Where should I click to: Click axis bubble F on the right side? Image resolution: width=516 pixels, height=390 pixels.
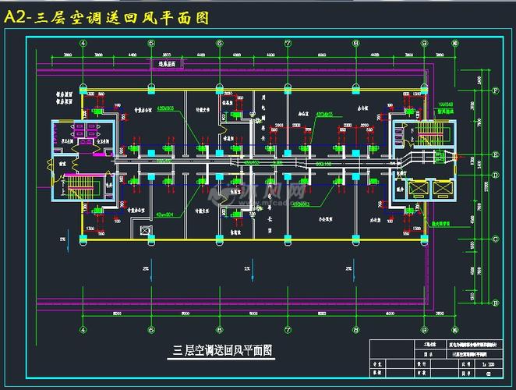pyautogui.click(x=496, y=90)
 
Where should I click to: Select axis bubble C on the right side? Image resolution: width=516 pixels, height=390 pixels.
pyautogui.click(x=496, y=239)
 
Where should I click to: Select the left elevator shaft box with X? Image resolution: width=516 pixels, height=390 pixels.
pyautogui.click(x=415, y=190)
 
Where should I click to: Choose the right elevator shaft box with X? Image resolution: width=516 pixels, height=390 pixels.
pyautogui.click(x=442, y=190)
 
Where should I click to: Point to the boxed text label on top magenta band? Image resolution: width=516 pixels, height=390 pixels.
pyautogui.click(x=165, y=63)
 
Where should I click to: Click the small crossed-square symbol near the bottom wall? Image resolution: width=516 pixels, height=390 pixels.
pyautogui.click(x=143, y=229)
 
